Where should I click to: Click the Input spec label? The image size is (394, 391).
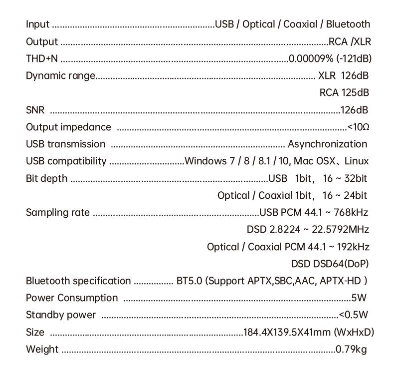coord(37,24)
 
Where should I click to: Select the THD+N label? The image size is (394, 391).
coord(42,58)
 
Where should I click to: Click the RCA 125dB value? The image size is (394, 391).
coord(344,93)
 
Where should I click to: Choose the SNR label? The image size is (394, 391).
coord(35,110)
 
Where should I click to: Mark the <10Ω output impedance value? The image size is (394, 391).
coord(358,127)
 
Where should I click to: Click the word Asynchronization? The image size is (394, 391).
coord(327,144)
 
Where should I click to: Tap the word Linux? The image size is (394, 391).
coord(357,161)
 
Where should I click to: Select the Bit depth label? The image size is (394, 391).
coord(46,178)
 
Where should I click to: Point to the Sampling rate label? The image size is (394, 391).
coord(58,213)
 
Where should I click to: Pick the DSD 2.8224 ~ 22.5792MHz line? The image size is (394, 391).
coord(308,230)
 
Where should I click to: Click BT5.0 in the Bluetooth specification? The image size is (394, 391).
coord(190,281)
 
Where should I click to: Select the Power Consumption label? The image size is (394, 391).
coord(72,298)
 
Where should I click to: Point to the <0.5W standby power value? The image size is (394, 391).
coord(353,315)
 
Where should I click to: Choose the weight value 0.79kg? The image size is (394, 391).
coord(351,349)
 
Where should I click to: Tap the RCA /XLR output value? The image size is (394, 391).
coord(350,41)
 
